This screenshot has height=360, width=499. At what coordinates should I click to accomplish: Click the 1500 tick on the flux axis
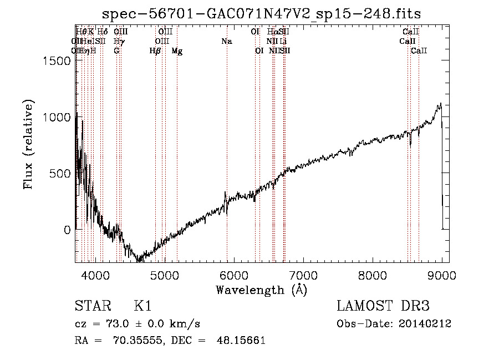[x=56, y=61]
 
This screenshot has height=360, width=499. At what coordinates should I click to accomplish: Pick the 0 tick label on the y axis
[x=66, y=229]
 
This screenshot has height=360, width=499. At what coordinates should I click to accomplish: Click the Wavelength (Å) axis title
[x=262, y=290]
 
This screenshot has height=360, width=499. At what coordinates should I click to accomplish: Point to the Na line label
[x=226, y=42]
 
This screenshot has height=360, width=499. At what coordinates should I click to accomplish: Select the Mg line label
[x=177, y=51]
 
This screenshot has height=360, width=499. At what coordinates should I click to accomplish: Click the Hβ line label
[x=155, y=51]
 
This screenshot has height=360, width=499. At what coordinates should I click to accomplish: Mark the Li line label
[x=283, y=42]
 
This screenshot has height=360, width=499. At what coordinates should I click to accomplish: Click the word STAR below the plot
[x=89, y=307]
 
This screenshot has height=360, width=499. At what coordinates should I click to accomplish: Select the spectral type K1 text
[x=142, y=307]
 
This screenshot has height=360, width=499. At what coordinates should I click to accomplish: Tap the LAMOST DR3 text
[x=383, y=307]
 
